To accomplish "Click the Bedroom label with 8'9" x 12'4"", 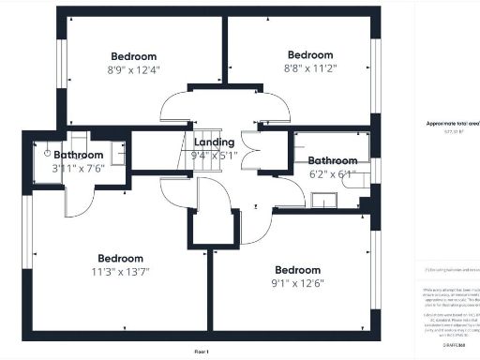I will pyautogui.click(x=134, y=55).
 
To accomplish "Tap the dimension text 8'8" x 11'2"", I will pyautogui.click(x=309, y=67).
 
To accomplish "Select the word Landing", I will pyautogui.click(x=214, y=142).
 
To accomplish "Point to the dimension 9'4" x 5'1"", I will pyautogui.click(x=214, y=155).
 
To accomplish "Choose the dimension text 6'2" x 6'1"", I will pyautogui.click(x=333, y=173).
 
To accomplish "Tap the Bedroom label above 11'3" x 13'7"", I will pyautogui.click(x=121, y=259).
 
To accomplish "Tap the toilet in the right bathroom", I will pyautogui.click(x=356, y=180).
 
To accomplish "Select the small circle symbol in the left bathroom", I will pyautogui.click(x=47, y=149).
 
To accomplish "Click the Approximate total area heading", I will pyautogui.click(x=448, y=123).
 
